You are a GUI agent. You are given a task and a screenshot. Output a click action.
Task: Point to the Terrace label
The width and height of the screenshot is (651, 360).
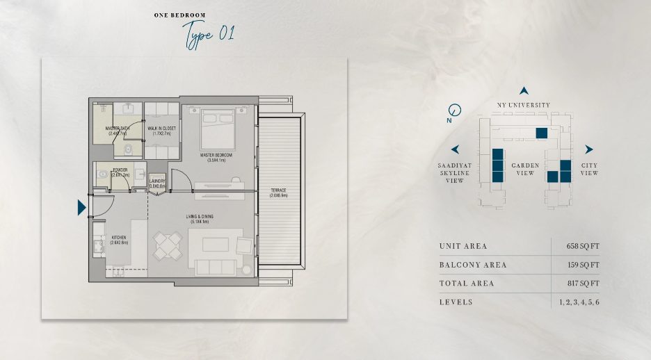[278, 193]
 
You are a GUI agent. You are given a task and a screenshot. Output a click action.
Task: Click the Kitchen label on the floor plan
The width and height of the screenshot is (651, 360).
[119, 240]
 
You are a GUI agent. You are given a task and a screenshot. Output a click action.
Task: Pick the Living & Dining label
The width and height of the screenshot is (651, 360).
[200, 219]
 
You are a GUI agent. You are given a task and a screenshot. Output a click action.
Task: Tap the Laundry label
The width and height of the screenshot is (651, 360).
[157, 183]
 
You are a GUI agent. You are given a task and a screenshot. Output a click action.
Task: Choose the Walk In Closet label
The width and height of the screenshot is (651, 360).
[161, 131]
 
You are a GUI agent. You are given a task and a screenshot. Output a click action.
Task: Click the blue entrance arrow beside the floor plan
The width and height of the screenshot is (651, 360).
[81, 207]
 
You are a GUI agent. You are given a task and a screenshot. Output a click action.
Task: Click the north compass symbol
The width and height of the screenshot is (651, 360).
[455, 110]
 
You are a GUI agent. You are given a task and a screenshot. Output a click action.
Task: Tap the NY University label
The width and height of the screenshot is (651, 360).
[523, 105]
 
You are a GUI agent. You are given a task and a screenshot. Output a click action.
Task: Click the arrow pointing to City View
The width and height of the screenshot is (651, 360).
[588, 149]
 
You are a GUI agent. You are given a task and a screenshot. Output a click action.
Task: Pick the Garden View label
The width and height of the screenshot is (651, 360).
[524, 169]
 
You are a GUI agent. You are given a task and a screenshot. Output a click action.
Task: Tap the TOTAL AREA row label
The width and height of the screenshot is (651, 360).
[466, 284]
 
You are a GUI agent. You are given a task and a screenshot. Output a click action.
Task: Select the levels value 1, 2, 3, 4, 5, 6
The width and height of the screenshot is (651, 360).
[579, 302]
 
